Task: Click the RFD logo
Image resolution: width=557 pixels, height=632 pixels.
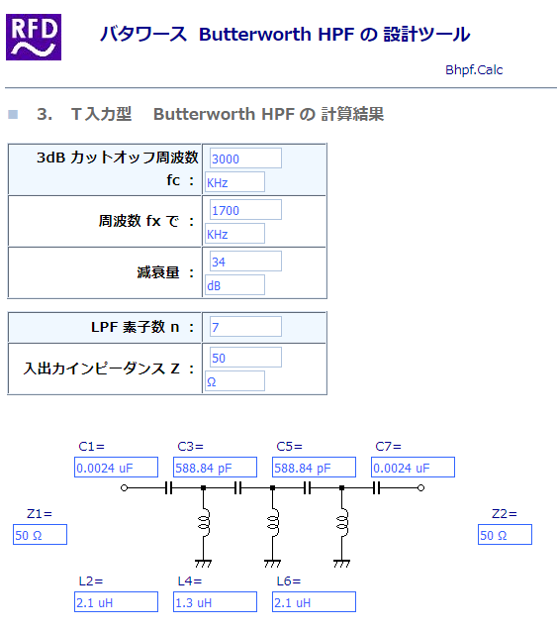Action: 34,37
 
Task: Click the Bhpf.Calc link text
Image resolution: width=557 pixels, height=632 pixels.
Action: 474,70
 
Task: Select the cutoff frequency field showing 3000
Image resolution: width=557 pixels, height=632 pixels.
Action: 245,158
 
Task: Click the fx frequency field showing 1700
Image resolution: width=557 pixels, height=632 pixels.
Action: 245,210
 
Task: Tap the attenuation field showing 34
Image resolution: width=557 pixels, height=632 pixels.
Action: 245,262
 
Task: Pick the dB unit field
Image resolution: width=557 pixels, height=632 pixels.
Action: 235,285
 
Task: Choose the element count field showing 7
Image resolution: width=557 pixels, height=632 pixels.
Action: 245,327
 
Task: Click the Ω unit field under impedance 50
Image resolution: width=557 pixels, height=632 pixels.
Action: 235,381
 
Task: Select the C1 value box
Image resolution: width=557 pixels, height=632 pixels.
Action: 116,468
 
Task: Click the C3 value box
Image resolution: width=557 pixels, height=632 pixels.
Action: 215,468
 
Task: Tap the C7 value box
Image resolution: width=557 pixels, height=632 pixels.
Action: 413,468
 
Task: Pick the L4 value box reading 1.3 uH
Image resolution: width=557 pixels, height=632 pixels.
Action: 215,601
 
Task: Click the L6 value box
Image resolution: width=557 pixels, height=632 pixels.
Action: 314,601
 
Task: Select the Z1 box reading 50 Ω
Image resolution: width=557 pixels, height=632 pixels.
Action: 40,535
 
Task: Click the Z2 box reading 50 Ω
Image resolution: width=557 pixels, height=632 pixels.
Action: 505,535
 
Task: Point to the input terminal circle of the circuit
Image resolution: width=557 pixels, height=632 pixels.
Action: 124,488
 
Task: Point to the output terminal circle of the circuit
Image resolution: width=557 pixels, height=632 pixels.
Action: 421,488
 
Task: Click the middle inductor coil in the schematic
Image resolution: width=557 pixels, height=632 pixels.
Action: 273,523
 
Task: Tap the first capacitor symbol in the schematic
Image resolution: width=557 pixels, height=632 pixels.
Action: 169,488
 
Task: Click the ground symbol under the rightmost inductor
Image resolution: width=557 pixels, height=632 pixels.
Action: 341,563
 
